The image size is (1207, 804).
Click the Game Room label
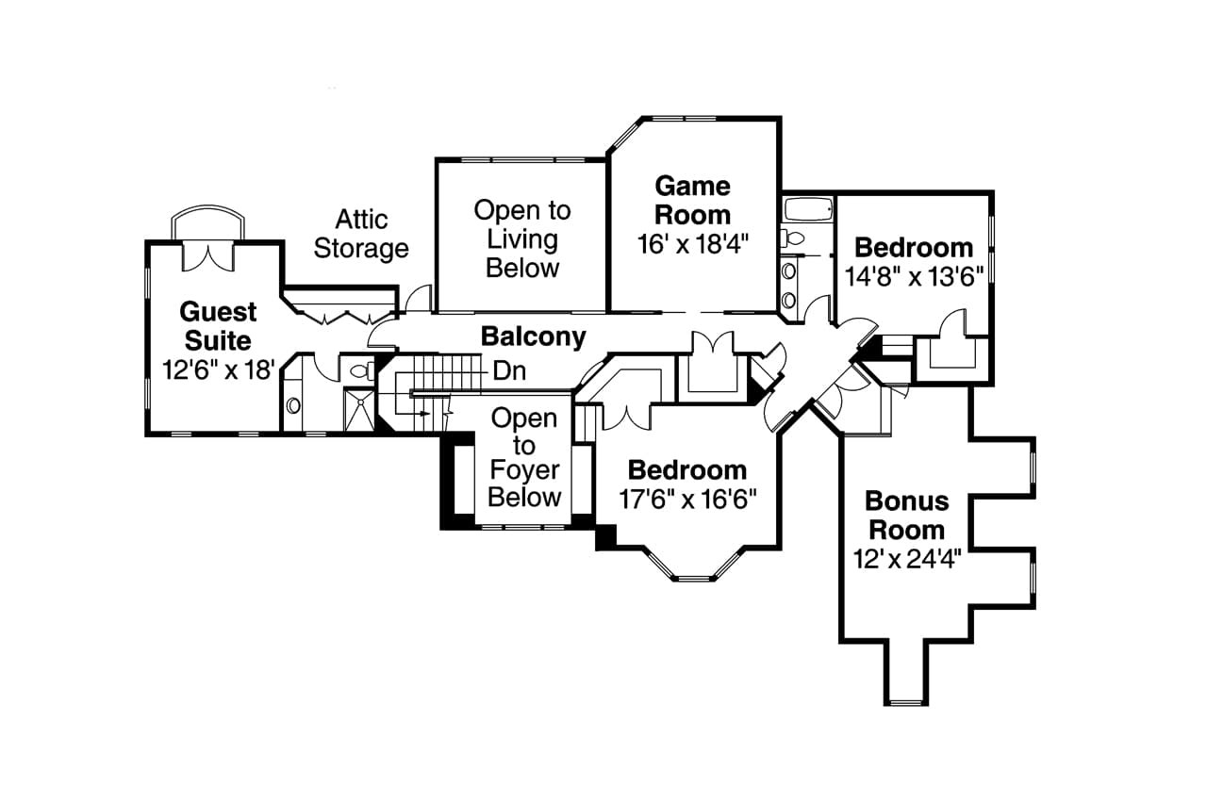click(x=693, y=199)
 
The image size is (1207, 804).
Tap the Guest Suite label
click(x=218, y=325)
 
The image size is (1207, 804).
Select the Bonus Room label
click(x=906, y=514)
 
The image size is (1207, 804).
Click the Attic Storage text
click(x=361, y=234)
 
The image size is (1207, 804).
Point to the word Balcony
click(x=533, y=336)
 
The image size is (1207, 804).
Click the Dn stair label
click(x=509, y=371)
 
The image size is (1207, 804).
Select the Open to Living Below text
click(x=522, y=238)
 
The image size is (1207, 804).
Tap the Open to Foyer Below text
click(x=524, y=457)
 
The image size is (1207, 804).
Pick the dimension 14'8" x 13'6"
click(x=913, y=275)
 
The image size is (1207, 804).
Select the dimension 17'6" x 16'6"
click(x=687, y=499)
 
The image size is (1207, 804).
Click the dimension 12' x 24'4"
click(x=906, y=560)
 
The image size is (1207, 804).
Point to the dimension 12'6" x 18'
click(x=218, y=369)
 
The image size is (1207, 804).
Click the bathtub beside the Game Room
click(x=808, y=208)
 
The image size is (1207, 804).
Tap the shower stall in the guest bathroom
click(x=359, y=409)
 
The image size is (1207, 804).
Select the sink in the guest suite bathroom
click(x=293, y=405)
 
